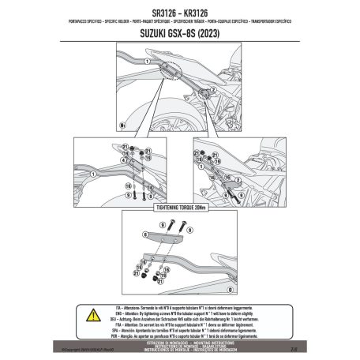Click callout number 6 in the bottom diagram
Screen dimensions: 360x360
[146, 234]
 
